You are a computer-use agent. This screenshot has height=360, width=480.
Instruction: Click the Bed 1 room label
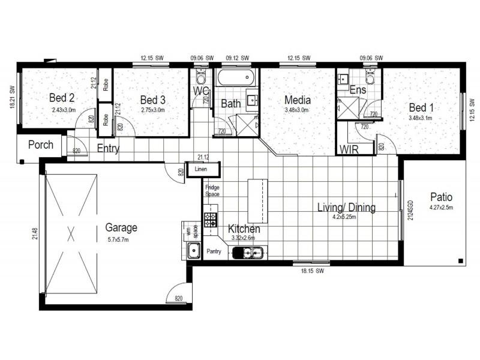[421, 107]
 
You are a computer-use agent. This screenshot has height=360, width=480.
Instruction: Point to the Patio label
[440, 197]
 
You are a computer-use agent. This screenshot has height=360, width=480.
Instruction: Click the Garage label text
[121, 227]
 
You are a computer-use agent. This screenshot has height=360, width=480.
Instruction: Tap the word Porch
[41, 145]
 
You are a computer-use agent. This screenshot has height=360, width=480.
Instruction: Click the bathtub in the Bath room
[236, 79]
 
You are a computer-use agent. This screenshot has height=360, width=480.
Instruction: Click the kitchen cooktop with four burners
[210, 220]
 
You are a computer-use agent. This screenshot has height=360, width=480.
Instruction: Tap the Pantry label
[215, 251]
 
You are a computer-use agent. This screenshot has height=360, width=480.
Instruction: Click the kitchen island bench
[256, 200]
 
